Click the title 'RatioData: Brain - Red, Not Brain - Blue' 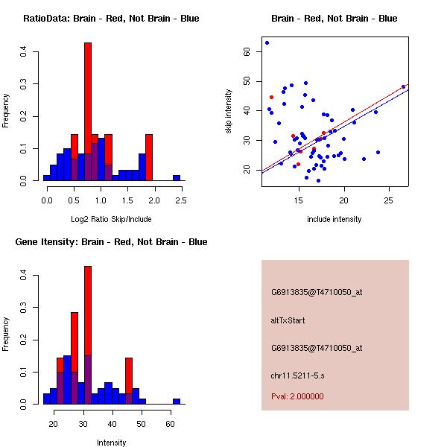tap(111, 19)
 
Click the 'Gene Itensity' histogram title tap(111, 242)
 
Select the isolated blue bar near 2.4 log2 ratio tap(177, 178)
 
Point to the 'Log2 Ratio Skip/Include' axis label tap(111, 218)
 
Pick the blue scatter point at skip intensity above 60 tap(267, 42)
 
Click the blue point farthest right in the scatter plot tap(403, 86)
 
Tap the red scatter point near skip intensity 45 tap(271, 97)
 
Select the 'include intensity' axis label tap(335, 219)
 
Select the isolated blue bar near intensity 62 tap(177, 401)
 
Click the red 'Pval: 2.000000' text tap(297, 396)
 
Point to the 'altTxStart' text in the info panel tap(288, 320)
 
